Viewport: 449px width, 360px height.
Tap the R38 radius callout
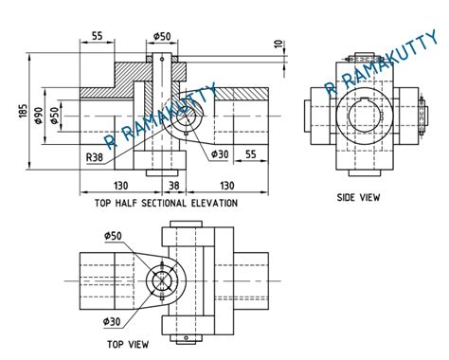click(95, 157)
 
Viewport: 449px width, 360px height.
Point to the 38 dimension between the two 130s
click(173, 188)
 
